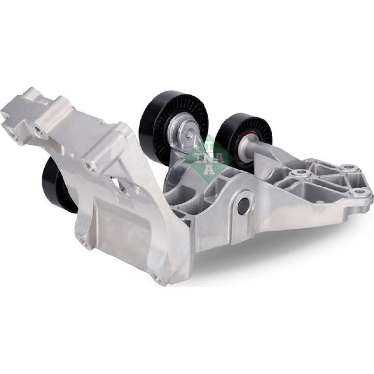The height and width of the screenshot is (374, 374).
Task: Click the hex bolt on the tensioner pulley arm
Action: tap(189, 134)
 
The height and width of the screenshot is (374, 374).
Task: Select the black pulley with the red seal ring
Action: tap(246, 140)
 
